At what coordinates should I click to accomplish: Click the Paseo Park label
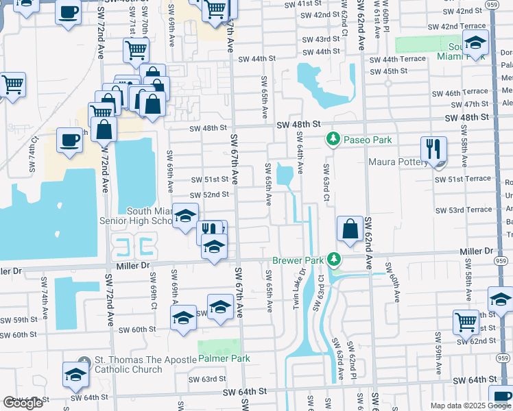click(x=368, y=140)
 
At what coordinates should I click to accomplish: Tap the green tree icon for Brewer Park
click(x=333, y=259)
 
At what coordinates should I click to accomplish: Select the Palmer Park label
click(x=224, y=358)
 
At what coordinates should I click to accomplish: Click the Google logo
click(x=23, y=403)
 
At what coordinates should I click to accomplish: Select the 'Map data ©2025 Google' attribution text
click(x=470, y=406)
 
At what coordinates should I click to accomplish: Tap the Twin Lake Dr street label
click(x=299, y=282)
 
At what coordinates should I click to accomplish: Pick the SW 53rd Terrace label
click(x=463, y=210)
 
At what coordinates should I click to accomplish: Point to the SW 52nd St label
click(x=206, y=195)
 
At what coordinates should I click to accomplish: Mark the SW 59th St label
click(x=17, y=320)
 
